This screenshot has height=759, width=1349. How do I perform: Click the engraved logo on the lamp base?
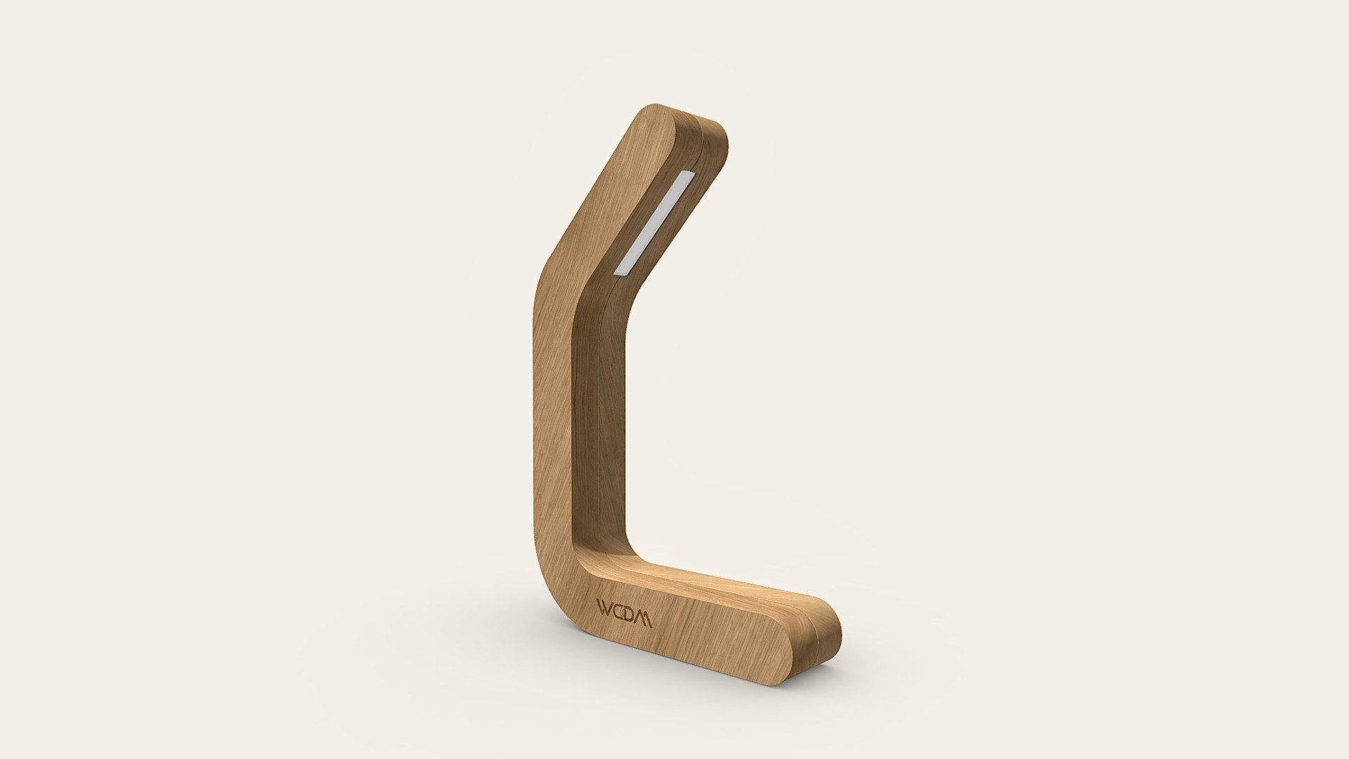(624, 612)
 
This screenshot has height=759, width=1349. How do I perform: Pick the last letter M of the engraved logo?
(643, 616)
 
